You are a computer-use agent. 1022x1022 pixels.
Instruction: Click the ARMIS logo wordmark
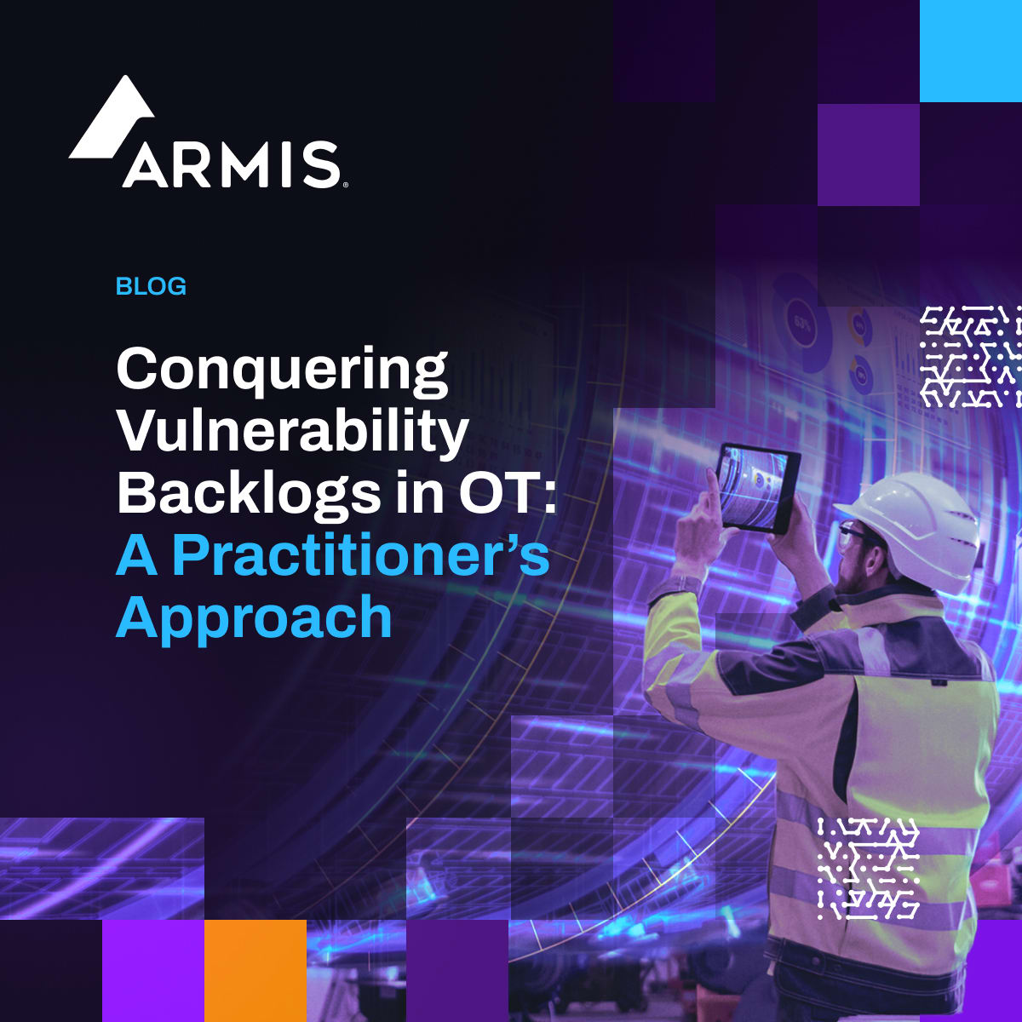click(232, 164)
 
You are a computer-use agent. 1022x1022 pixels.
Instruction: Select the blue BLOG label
click(151, 286)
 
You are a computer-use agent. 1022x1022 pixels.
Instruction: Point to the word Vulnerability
click(292, 433)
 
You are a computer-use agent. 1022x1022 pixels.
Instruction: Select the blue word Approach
click(254, 618)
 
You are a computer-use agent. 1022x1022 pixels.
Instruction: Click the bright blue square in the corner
click(970, 50)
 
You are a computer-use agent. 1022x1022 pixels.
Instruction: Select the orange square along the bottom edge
click(255, 970)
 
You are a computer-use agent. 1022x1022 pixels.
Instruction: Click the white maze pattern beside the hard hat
click(970, 356)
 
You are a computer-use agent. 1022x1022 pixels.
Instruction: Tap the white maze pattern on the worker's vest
click(868, 868)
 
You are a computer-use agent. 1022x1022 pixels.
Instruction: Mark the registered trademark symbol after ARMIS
click(345, 183)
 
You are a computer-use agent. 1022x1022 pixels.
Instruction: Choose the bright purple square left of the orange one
click(152, 970)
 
